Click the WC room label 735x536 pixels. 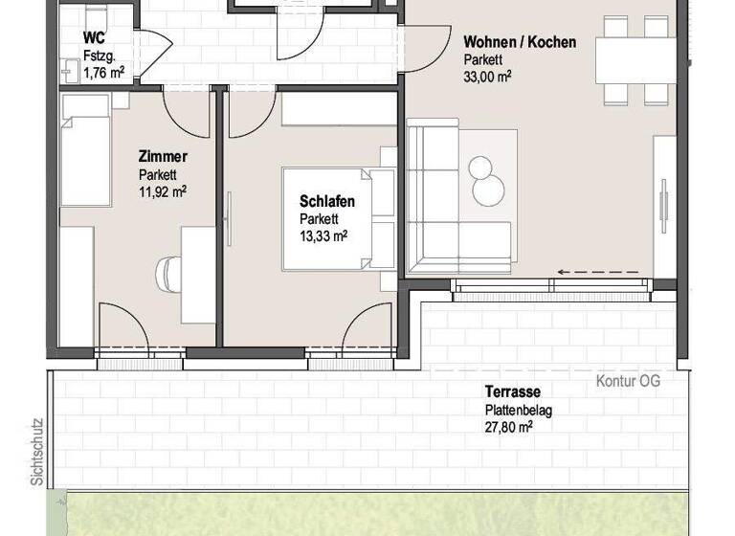click(95, 38)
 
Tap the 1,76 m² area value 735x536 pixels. click(102, 71)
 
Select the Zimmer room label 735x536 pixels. click(162, 158)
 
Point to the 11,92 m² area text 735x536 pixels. click(162, 190)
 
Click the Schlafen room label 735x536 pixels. click(327, 201)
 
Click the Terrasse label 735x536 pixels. click(512, 392)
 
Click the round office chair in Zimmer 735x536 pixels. click(169, 274)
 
